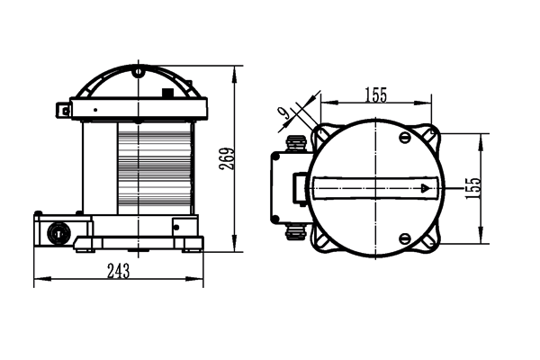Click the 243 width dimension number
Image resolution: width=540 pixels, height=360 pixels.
tap(119, 271)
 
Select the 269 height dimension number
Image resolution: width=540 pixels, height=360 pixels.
tap(226, 158)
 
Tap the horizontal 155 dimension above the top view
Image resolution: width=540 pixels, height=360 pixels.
tap(377, 94)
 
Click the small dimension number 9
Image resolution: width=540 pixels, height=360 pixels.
tap(284, 112)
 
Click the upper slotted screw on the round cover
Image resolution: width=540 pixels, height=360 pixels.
tap(404, 138)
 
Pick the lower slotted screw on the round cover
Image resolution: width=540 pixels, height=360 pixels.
tap(404, 239)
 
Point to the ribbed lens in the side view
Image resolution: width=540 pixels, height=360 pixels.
tap(154, 169)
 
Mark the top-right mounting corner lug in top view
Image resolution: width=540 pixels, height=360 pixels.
tap(433, 135)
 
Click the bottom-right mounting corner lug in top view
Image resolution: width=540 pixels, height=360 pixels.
tap(433, 241)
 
